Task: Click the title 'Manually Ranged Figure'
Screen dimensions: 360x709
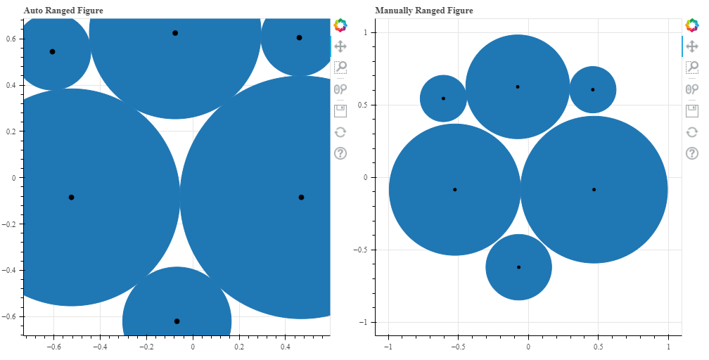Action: pos(424,11)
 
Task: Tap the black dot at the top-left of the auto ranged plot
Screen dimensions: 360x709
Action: pos(53,51)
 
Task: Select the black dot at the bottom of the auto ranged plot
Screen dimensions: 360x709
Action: pos(177,321)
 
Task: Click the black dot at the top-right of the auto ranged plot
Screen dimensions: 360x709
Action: pos(299,38)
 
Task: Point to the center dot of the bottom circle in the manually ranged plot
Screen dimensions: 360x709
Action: pos(518,267)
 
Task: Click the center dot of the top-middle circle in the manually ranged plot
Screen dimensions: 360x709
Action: pos(518,86)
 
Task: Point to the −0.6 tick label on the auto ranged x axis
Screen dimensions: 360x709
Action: pos(52,347)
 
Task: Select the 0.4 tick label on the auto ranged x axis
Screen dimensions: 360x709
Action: pos(286,347)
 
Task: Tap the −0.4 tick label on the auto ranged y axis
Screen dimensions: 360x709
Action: pos(12,271)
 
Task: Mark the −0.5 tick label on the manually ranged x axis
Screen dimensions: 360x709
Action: pos(457,347)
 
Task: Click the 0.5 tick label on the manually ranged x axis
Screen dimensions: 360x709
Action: pos(598,347)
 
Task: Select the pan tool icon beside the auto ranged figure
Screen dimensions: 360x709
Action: pos(340,46)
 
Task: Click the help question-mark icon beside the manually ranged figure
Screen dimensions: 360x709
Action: pos(692,153)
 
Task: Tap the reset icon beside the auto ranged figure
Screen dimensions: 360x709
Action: pos(340,131)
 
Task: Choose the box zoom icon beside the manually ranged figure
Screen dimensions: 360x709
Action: pos(692,67)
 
